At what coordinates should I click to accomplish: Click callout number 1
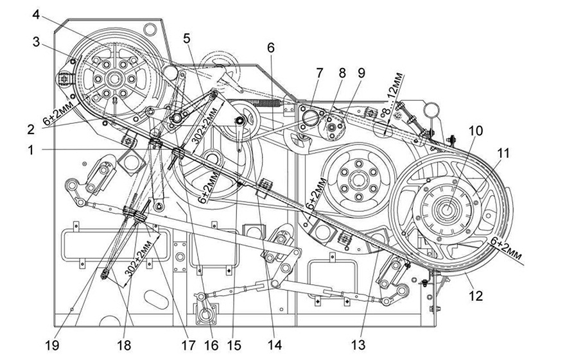(31, 150)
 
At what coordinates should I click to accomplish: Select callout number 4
(36, 15)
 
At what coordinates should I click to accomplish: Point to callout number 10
(476, 131)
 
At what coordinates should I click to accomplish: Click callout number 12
(475, 296)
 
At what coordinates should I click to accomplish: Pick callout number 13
(358, 345)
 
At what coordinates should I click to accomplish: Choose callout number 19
(52, 346)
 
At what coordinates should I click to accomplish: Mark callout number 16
(211, 346)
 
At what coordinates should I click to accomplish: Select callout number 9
(361, 73)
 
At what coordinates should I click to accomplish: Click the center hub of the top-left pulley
(114, 78)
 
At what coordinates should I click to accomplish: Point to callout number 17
(187, 346)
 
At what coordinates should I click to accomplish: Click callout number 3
(36, 42)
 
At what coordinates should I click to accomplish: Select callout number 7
(319, 73)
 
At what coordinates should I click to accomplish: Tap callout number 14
(274, 345)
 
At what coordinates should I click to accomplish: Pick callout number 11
(503, 153)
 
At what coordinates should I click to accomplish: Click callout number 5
(186, 38)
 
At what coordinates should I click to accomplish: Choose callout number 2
(31, 129)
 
